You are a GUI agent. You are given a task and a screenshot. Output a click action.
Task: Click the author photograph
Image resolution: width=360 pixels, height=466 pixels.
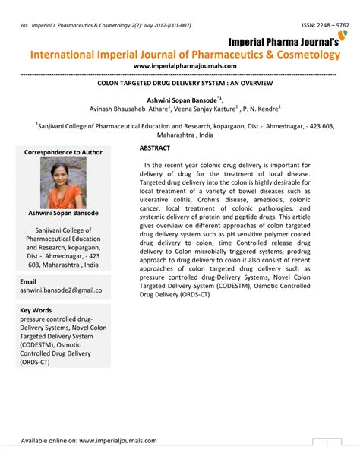click(64, 182)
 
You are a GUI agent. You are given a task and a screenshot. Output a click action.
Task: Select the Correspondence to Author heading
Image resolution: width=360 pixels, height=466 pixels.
click(64, 152)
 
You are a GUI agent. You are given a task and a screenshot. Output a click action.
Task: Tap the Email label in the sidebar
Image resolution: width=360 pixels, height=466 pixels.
click(29, 282)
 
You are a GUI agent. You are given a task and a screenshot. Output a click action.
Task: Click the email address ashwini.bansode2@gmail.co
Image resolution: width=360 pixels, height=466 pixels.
click(61, 291)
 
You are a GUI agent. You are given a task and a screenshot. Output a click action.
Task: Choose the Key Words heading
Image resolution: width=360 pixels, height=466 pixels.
click(36, 310)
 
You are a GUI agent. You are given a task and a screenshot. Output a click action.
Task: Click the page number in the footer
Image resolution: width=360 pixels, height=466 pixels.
click(326, 442)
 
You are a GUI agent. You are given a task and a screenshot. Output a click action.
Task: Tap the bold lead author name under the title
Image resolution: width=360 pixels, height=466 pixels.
click(179, 98)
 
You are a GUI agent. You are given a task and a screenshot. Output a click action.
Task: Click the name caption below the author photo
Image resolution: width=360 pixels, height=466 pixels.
click(64, 214)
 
